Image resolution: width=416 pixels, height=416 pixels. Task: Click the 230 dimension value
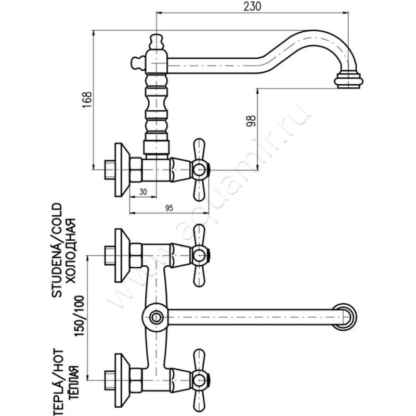coord(251,7)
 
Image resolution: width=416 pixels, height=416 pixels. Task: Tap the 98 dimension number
coord(251,120)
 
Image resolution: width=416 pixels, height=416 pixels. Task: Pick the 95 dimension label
coord(169,207)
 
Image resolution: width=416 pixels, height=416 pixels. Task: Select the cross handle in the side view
coord(199,168)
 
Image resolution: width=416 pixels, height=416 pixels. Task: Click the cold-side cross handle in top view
coord(199,255)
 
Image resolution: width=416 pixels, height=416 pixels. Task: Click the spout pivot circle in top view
coord(155,316)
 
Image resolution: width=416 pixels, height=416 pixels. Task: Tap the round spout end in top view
coord(345,316)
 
